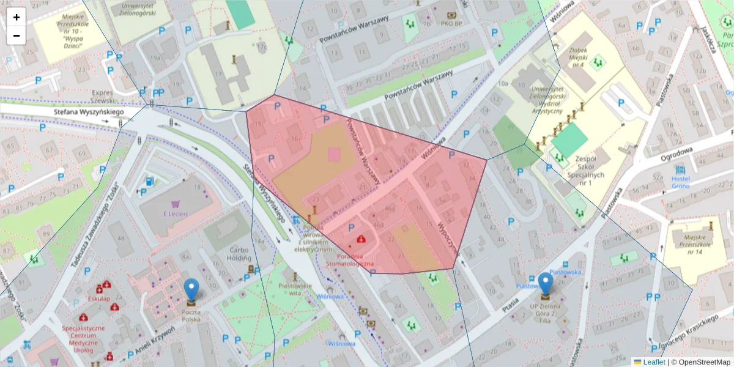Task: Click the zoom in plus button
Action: coord(17,17)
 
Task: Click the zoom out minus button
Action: coord(17,35)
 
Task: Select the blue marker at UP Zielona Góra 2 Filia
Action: coord(545,285)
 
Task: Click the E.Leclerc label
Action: coord(176,214)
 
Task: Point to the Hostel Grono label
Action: coord(680,182)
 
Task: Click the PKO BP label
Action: coord(451,24)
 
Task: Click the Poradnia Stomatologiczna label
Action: coord(350,259)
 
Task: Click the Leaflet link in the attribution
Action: coord(653,362)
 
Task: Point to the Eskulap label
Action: coord(98,298)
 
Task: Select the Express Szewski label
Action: coord(102,96)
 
